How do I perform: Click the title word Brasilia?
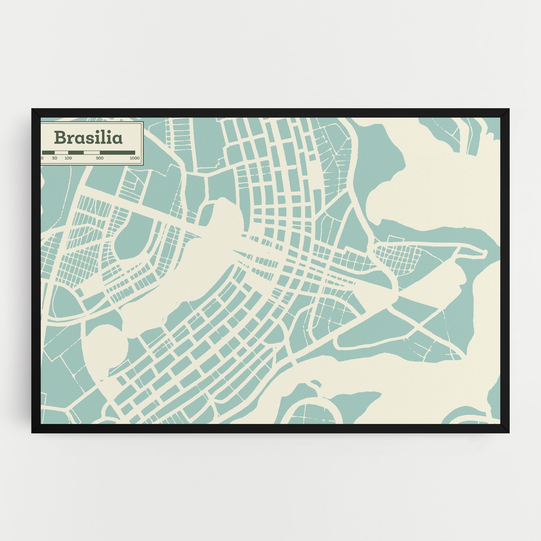89,137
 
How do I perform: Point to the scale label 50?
55,158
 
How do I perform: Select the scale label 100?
68,158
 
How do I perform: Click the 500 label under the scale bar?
100,158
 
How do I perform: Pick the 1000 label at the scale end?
134,158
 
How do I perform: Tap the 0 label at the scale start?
42,158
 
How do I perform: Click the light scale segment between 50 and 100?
61,153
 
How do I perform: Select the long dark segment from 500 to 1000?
117,153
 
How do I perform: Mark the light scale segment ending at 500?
91,153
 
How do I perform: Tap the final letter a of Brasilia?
118,139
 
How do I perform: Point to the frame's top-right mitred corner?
505,113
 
